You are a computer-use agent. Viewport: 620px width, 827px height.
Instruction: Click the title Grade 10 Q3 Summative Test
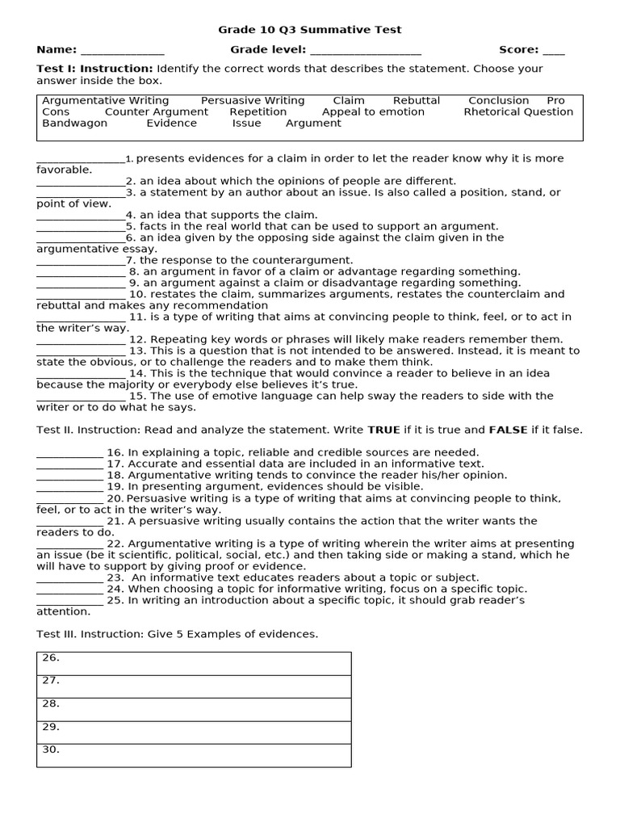309,30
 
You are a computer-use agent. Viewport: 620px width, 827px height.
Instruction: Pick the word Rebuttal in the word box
417,100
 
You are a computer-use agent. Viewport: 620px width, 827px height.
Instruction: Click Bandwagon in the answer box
74,123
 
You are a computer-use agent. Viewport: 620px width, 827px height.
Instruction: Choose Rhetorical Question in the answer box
518,111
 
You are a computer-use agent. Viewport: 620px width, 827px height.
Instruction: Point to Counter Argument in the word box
157,111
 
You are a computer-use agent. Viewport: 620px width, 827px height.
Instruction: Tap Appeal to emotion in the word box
373,111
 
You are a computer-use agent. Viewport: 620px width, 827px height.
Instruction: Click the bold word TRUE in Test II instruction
383,430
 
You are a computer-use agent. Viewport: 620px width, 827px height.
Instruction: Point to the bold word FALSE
508,430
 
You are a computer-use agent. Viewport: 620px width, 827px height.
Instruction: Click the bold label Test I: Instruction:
94,69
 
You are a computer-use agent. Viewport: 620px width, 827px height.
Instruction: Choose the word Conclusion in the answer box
499,100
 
